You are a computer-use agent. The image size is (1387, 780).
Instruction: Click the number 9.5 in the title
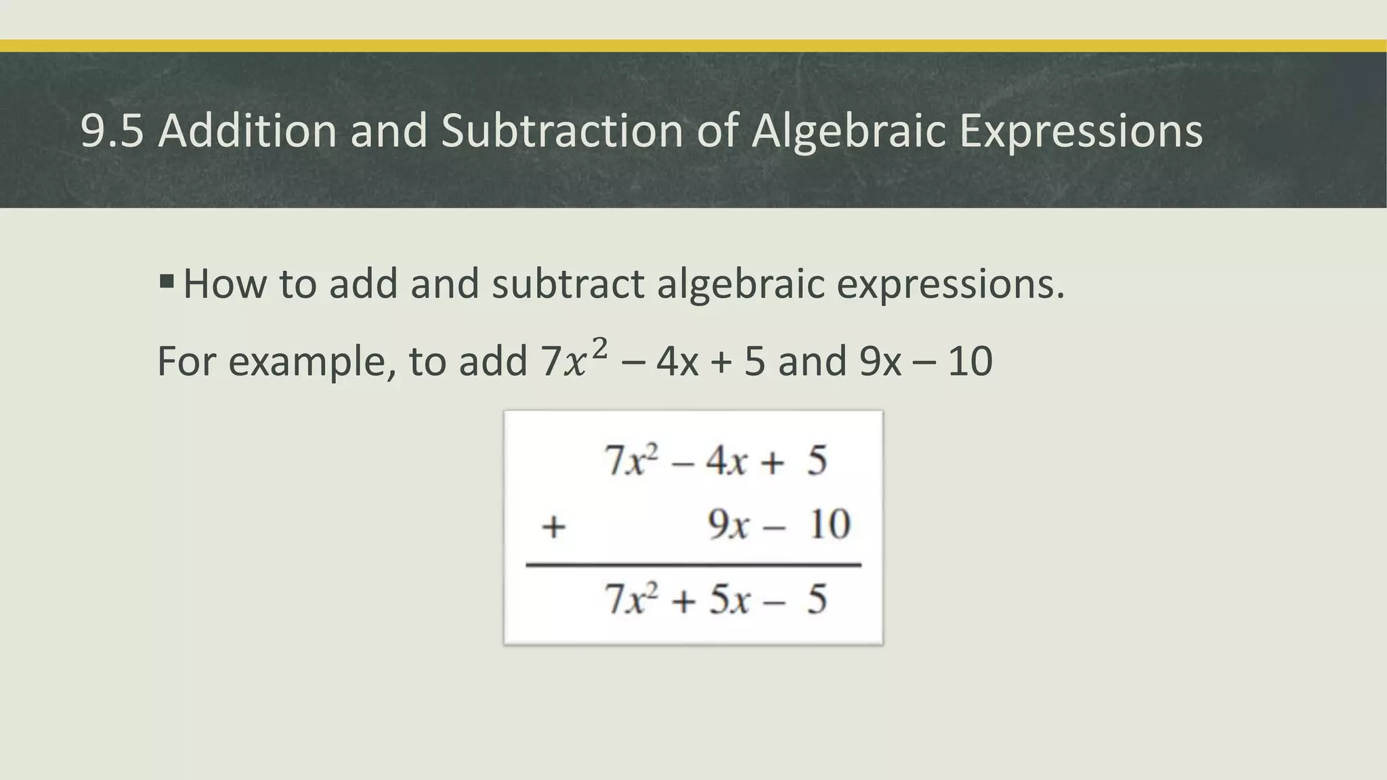pos(112,130)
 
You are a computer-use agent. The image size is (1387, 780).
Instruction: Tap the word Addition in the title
pos(247,130)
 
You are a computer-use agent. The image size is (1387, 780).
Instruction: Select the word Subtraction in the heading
pos(562,130)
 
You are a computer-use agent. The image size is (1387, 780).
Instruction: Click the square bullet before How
pos(167,280)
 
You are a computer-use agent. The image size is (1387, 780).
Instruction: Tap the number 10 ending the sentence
pos(970,362)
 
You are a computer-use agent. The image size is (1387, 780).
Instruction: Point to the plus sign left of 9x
pos(553,526)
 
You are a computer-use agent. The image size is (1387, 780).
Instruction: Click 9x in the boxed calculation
pos(728,525)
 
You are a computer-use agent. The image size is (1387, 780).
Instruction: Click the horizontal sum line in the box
pos(693,565)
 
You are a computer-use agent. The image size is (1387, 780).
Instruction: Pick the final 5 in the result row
pos(817,600)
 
